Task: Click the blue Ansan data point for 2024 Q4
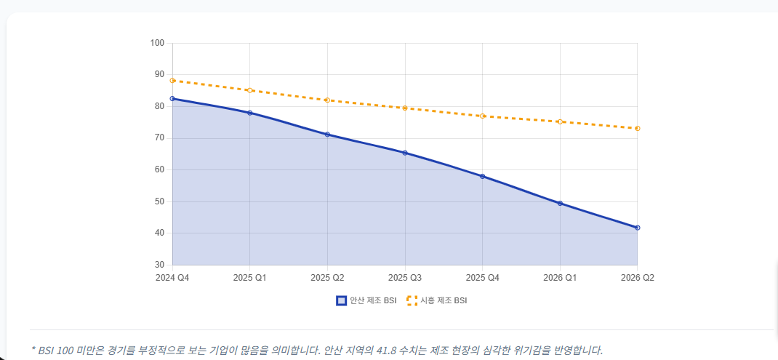pyautogui.click(x=172, y=98)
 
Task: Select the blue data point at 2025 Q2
pyautogui.click(x=327, y=135)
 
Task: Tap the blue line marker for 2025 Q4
pyautogui.click(x=482, y=176)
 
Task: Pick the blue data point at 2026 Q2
pyautogui.click(x=637, y=228)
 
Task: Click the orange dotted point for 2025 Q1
pyautogui.click(x=249, y=90)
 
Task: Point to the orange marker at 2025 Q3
pyautogui.click(x=405, y=108)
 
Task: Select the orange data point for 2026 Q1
pyautogui.click(x=560, y=121)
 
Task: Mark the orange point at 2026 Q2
pyautogui.click(x=637, y=128)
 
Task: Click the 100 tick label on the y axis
pyautogui.click(x=157, y=43)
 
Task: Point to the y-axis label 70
pyautogui.click(x=159, y=138)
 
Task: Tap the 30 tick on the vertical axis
pyautogui.click(x=159, y=265)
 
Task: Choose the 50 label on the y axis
pyautogui.click(x=159, y=201)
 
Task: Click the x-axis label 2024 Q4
pyautogui.click(x=172, y=278)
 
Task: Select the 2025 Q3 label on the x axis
pyautogui.click(x=405, y=278)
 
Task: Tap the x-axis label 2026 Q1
pyautogui.click(x=560, y=278)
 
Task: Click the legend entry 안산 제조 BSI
pyautogui.click(x=366, y=300)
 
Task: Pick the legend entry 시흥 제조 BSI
pyautogui.click(x=437, y=300)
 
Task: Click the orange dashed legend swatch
pyautogui.click(x=412, y=300)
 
